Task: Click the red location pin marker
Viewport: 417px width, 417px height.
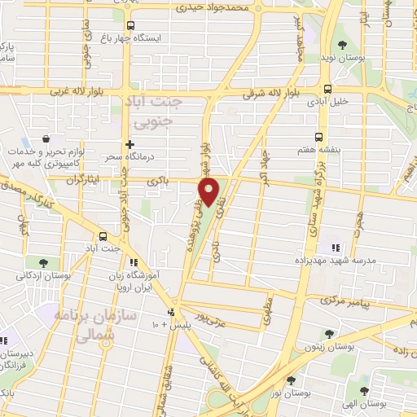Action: [x=210, y=192]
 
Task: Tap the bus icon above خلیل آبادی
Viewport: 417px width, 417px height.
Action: [x=327, y=90]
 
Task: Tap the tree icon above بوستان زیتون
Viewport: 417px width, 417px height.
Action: [x=328, y=334]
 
